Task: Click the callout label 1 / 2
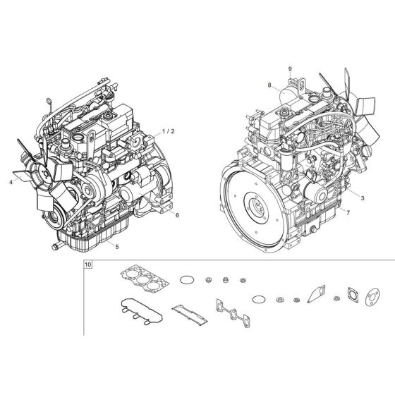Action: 168,131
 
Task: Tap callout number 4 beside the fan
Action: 11,182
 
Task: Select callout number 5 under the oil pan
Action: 116,246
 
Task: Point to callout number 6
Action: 177,214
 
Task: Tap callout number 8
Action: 269,85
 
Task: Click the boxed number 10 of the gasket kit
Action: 87,265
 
